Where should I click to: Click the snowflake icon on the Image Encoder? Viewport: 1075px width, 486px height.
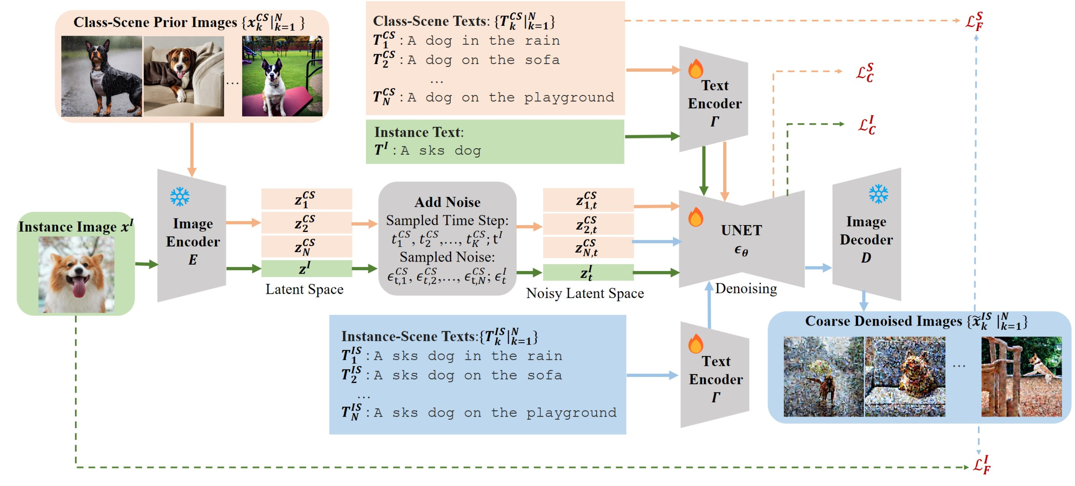click(x=180, y=197)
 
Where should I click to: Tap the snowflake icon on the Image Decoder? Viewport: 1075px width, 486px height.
click(x=878, y=194)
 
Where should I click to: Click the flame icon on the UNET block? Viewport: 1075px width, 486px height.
click(x=696, y=217)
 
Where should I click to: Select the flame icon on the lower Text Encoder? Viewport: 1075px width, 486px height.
click(x=696, y=344)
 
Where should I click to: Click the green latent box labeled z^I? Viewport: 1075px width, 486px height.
click(x=306, y=268)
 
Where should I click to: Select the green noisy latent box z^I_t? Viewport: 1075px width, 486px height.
click(x=588, y=273)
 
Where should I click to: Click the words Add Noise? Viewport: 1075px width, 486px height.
click(x=447, y=202)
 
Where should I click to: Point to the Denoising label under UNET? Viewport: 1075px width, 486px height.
click(x=746, y=288)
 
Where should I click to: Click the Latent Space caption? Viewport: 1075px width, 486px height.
click(x=304, y=289)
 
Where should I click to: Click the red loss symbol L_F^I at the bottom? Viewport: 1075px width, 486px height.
click(x=981, y=465)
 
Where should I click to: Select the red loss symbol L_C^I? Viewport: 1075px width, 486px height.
click(x=867, y=125)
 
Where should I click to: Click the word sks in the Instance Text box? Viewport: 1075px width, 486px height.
click(x=431, y=151)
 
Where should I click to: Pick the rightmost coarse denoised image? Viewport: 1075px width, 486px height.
click(x=1021, y=376)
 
